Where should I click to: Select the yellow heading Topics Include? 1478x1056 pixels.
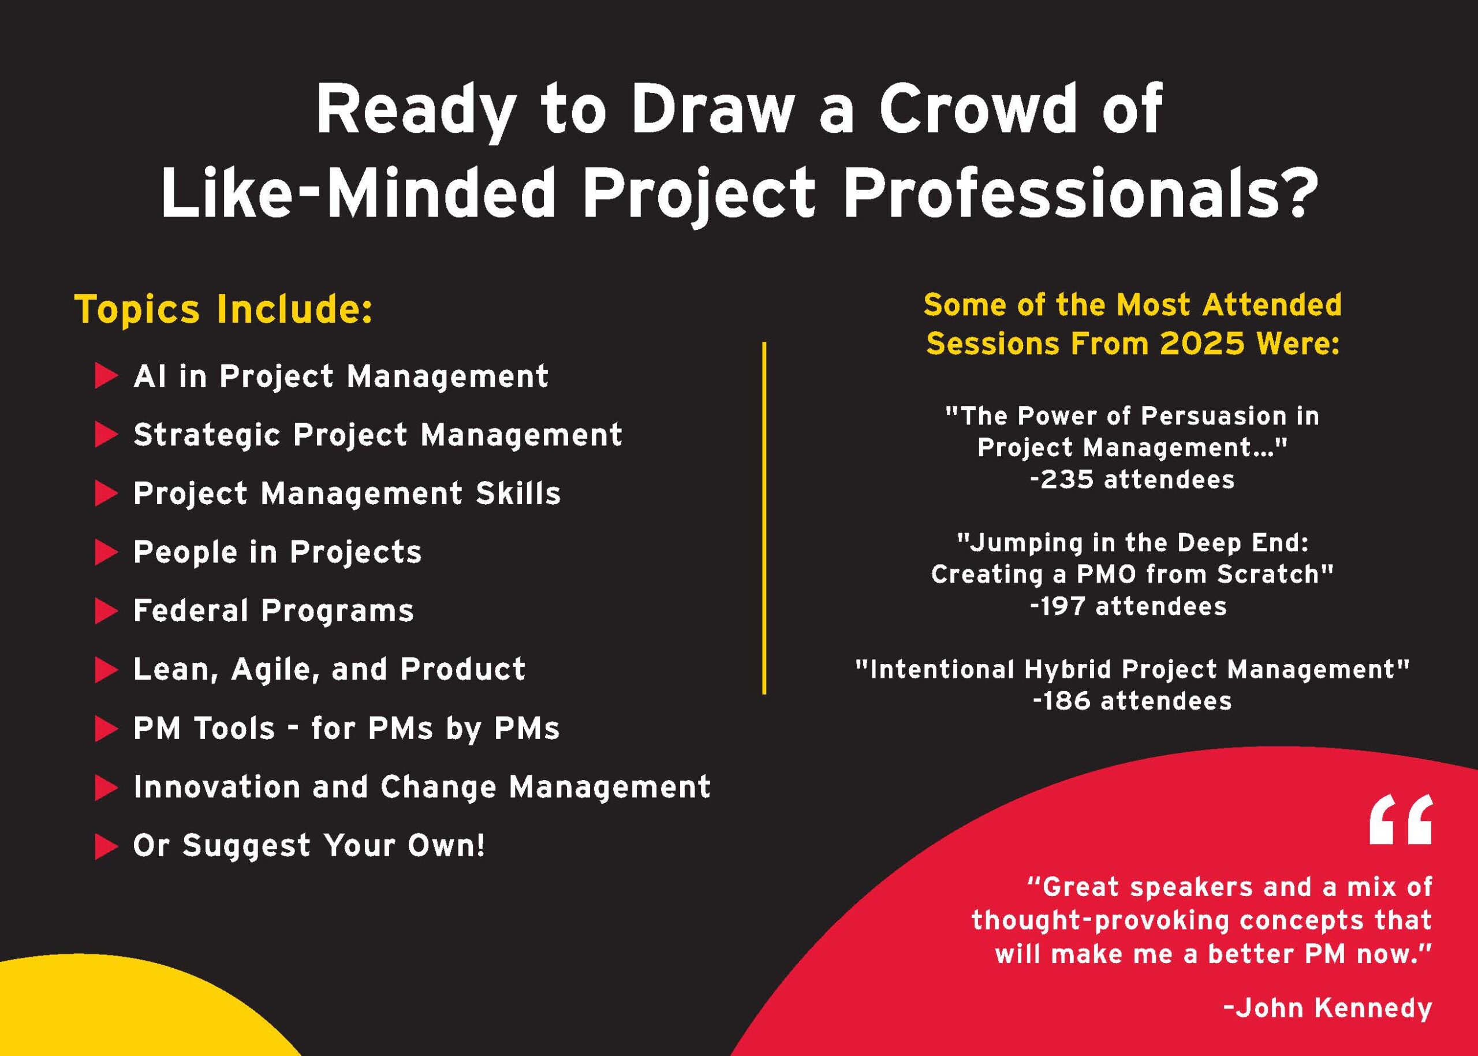(225, 309)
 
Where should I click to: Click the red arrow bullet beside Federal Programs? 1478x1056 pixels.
(107, 611)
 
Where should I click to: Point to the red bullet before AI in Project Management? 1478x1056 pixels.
(107, 376)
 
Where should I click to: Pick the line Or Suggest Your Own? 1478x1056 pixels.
(309, 846)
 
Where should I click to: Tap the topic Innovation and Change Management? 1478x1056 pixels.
(422, 788)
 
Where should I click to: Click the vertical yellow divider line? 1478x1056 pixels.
(764, 518)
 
